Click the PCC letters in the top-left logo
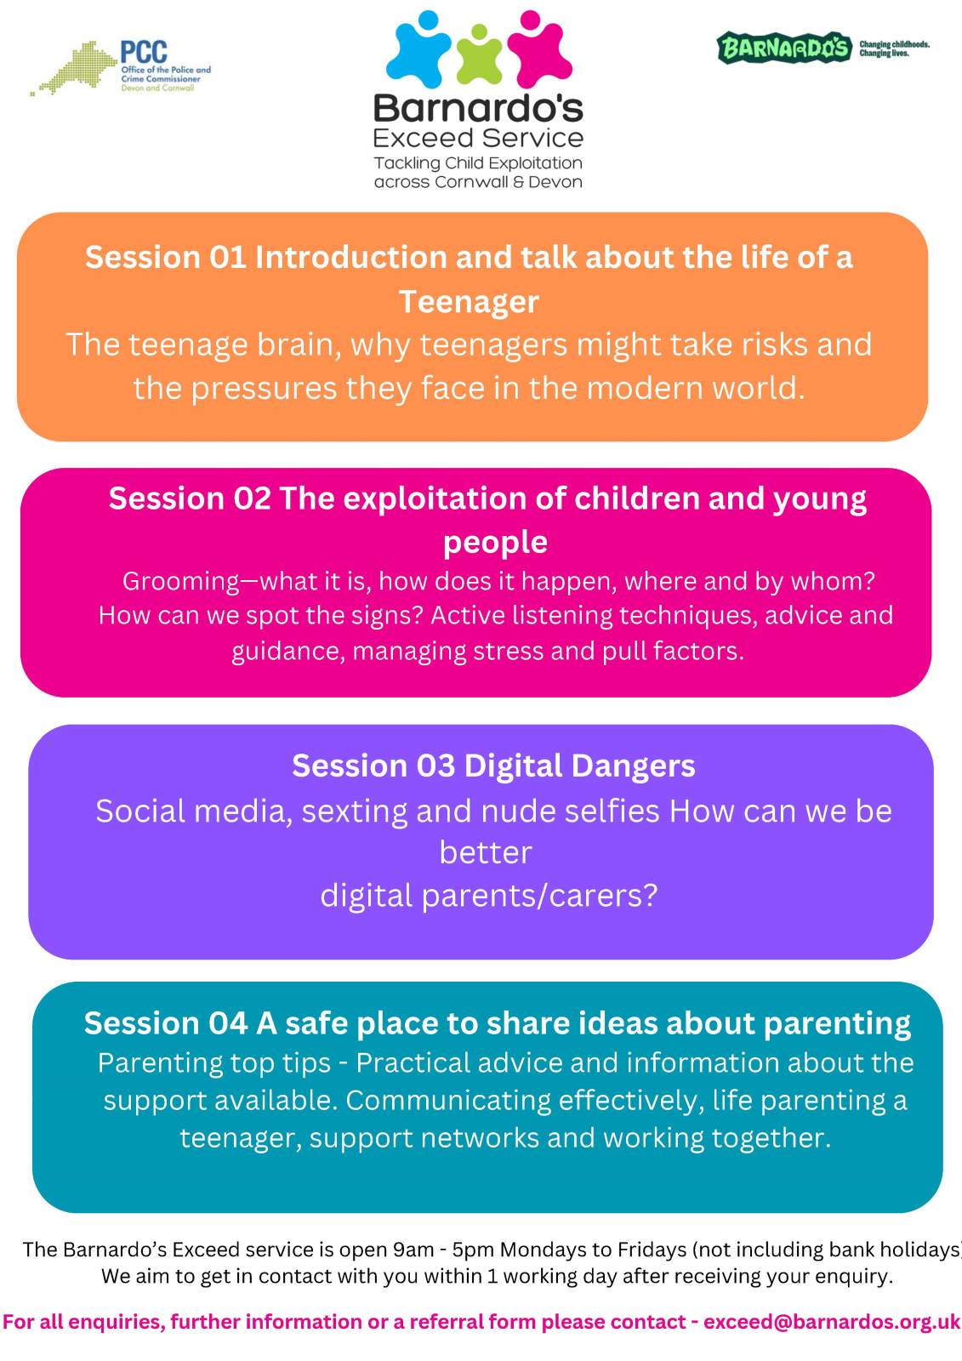144,52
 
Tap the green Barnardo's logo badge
784,48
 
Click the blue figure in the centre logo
418,49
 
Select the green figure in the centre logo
479,54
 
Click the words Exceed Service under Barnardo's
478,138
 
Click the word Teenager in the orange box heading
469,301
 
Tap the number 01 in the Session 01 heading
228,257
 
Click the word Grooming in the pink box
181,582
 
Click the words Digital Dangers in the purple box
579,766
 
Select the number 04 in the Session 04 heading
228,1023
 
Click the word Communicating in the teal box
448,1101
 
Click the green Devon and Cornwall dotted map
74,67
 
